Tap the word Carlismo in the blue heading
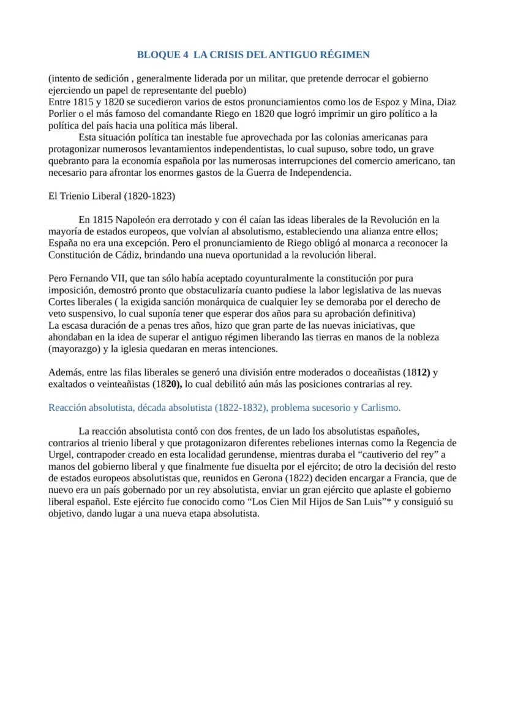coord(381,407)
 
